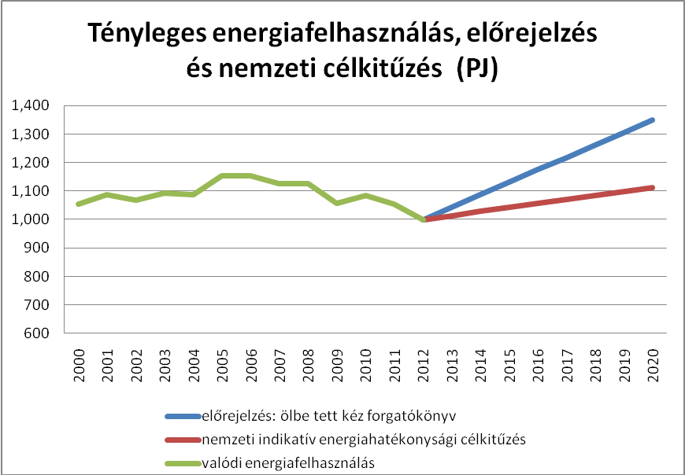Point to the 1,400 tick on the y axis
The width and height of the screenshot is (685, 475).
point(31,105)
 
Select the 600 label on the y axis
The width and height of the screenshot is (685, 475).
point(38,333)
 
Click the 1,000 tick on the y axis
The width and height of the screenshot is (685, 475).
point(31,219)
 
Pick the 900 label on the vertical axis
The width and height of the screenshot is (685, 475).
point(38,248)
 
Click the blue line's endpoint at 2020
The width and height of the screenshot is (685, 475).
point(652,120)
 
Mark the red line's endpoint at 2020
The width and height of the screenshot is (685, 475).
point(652,188)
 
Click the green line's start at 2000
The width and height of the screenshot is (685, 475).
point(79,204)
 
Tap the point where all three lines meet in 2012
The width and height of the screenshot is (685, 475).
point(424,219)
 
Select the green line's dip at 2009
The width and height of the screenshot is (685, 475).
point(338,203)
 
